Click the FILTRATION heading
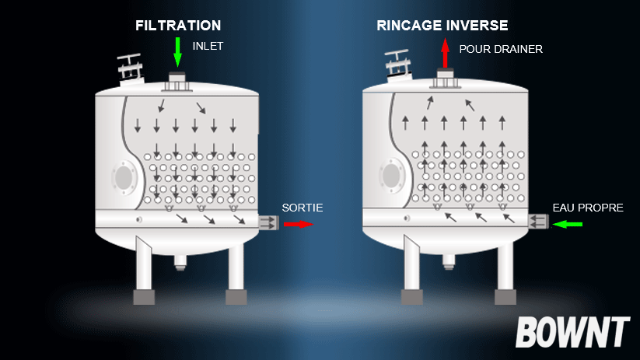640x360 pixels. point(178,26)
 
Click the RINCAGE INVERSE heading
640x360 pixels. point(442,26)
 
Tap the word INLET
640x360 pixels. point(208,46)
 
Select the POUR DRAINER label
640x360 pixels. point(501,50)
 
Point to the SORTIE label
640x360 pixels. point(303,208)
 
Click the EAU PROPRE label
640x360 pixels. point(588,208)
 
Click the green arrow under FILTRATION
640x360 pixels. point(177,52)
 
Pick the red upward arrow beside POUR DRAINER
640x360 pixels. point(446,53)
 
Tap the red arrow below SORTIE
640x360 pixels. point(299,224)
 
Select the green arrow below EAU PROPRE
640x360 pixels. point(568,224)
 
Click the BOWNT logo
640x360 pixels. point(572,332)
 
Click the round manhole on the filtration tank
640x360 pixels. point(124,177)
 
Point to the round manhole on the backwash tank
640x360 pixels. point(392,176)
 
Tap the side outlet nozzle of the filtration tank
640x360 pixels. point(268,222)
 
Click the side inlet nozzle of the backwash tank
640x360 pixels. point(538,222)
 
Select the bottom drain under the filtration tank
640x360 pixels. point(180,262)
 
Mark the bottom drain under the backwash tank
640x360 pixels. point(449,261)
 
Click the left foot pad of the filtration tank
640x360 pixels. point(144,297)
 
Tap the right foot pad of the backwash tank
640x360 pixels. point(505,297)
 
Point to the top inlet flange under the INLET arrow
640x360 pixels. point(177,82)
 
